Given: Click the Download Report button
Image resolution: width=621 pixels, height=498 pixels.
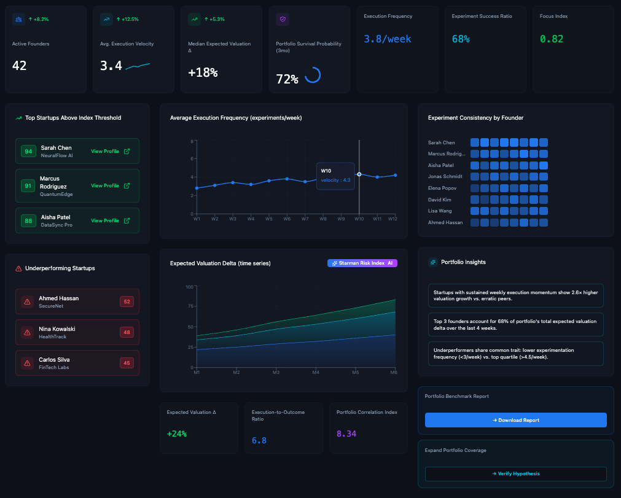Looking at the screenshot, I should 515,420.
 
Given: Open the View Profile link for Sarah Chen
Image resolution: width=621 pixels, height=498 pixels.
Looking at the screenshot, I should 110,151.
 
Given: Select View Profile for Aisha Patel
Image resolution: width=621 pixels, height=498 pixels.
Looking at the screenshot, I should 110,220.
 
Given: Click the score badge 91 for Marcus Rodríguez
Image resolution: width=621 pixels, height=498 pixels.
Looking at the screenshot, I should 28,185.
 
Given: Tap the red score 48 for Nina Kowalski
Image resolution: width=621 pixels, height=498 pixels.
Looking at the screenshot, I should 127,332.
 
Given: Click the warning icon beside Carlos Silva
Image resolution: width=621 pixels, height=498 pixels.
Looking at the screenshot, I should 27,363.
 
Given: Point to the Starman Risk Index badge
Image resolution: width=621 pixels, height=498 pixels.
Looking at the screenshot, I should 362,263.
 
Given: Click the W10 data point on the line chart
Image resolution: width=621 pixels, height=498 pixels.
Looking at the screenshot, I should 359,174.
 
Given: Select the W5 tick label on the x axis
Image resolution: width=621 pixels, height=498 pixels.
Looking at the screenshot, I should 269,219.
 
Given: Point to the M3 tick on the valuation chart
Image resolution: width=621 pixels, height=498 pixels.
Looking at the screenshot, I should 276,372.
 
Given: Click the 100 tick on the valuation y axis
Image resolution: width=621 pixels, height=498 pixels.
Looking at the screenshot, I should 189,287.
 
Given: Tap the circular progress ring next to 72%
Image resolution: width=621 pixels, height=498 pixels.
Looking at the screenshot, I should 312,75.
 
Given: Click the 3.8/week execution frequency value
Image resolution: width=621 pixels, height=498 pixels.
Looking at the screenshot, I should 388,39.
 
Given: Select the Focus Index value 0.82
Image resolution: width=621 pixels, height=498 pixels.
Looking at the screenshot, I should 551,39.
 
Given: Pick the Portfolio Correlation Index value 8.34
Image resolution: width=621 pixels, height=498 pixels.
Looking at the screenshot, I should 346,434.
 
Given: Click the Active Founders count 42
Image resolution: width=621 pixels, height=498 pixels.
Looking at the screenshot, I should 20,65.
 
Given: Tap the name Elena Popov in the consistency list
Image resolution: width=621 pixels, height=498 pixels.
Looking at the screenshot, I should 442,188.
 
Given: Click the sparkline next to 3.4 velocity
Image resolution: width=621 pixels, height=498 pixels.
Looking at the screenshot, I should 138,66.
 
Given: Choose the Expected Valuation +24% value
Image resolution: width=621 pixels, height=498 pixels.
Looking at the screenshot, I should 177,434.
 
